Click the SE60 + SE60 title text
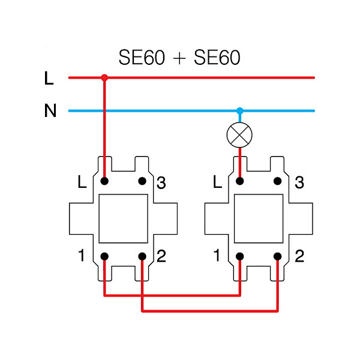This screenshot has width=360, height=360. pyautogui.click(x=180, y=58)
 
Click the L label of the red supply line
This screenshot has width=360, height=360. pyautogui.click(x=49, y=78)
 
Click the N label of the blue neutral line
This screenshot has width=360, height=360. pyautogui.click(x=50, y=111)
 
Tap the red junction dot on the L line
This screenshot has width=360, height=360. pyautogui.click(x=104, y=77)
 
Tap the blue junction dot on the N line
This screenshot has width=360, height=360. pyautogui.click(x=240, y=111)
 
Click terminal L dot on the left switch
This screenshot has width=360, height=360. pyautogui.click(x=104, y=181)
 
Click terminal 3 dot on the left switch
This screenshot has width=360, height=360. pyautogui.click(x=142, y=181)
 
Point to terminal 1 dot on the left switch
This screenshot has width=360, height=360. pyautogui.click(x=104, y=257)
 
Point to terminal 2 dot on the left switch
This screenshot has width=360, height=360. pyautogui.click(x=142, y=257)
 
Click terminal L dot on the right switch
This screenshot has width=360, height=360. pyautogui.click(x=240, y=181)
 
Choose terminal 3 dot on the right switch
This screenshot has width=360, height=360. pyautogui.click(x=278, y=181)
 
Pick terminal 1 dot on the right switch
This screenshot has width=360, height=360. pyautogui.click(x=240, y=257)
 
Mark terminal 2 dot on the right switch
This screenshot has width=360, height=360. pyautogui.click(x=278, y=257)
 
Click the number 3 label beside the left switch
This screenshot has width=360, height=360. pyautogui.click(x=161, y=183)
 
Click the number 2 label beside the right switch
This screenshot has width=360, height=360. pyautogui.click(x=299, y=257)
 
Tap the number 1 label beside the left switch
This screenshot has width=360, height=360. pyautogui.click(x=82, y=256)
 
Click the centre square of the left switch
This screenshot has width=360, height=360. pyautogui.click(x=123, y=218)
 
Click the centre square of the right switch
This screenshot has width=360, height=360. pyautogui.click(x=259, y=218)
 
